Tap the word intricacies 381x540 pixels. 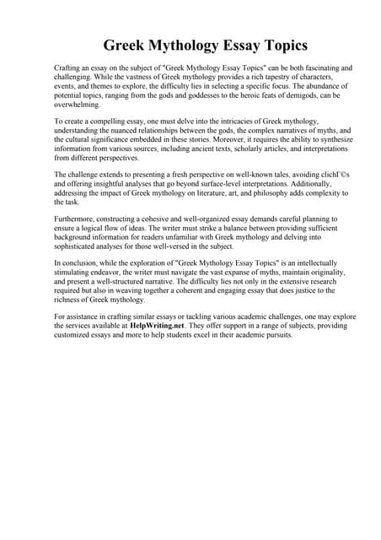tap(239, 124)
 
